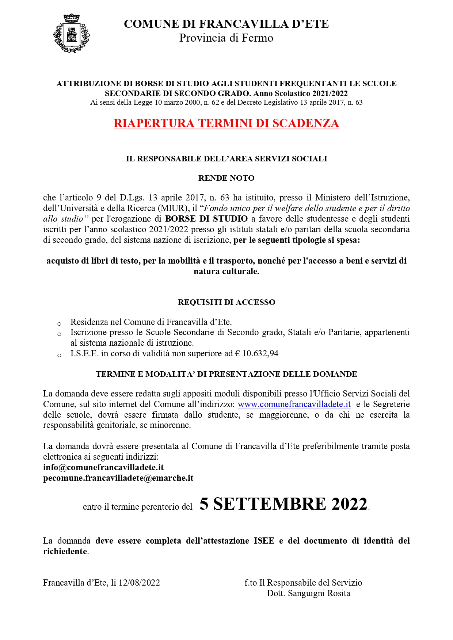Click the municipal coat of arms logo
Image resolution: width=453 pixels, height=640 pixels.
click(x=72, y=33)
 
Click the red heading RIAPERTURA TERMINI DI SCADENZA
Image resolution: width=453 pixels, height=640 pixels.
click(x=226, y=123)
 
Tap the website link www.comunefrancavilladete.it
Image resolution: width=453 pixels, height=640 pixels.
click(x=294, y=405)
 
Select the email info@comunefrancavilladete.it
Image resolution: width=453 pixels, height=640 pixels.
click(x=103, y=468)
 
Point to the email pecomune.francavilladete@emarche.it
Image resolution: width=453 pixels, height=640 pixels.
click(x=118, y=478)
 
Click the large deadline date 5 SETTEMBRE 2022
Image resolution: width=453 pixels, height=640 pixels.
click(x=283, y=504)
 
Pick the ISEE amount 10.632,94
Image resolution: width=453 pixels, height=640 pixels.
click(x=260, y=354)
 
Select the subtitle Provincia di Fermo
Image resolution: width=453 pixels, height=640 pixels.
click(x=226, y=38)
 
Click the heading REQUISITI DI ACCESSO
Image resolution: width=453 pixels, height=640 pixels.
click(x=226, y=302)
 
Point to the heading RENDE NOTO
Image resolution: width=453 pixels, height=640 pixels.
click(x=226, y=178)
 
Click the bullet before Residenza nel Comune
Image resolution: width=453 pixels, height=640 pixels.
click(x=59, y=324)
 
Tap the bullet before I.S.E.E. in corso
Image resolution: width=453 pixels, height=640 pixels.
click(x=59, y=355)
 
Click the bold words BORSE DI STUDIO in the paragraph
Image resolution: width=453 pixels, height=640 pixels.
click(x=206, y=219)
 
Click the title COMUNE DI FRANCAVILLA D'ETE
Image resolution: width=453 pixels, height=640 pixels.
click(x=226, y=24)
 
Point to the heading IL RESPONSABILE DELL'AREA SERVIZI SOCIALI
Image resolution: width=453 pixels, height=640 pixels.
click(x=226, y=159)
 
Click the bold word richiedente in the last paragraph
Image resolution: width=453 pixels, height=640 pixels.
click(x=65, y=551)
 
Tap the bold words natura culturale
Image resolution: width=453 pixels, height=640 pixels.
click(x=226, y=272)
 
